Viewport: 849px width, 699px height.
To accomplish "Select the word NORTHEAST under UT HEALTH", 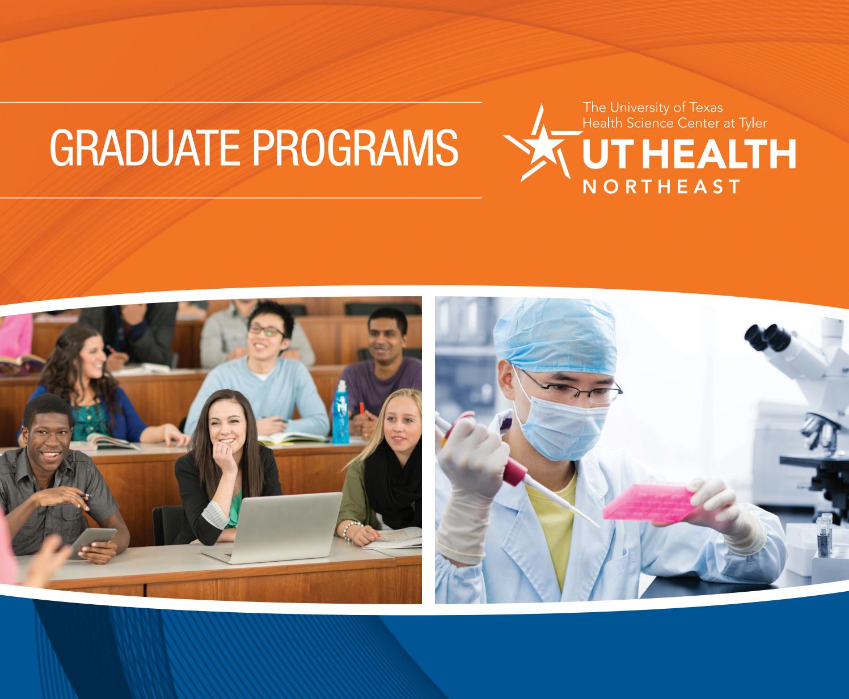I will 661,187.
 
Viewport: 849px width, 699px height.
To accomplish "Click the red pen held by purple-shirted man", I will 361,408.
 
